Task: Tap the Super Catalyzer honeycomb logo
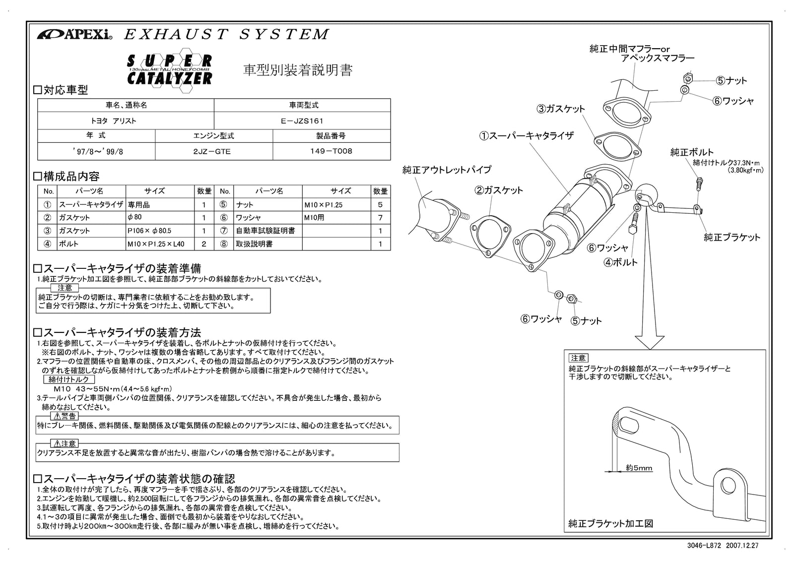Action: pos(170,69)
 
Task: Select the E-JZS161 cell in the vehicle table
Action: pos(302,121)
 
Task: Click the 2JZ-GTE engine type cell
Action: pos(214,151)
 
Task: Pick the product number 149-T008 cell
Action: pos(331,151)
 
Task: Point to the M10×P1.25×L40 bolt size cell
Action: pos(156,244)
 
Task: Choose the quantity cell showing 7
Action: pos(380,217)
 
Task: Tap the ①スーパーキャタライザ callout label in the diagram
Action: pos(526,135)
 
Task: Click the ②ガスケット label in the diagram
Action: pos(499,190)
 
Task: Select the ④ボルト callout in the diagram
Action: pos(620,262)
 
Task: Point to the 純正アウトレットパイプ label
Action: pos(447,170)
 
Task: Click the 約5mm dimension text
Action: pos(639,468)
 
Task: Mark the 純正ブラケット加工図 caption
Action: pos(610,523)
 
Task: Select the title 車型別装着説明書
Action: pos(298,70)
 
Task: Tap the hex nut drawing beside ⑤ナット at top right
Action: pos(687,78)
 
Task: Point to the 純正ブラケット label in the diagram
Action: pos(732,237)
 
